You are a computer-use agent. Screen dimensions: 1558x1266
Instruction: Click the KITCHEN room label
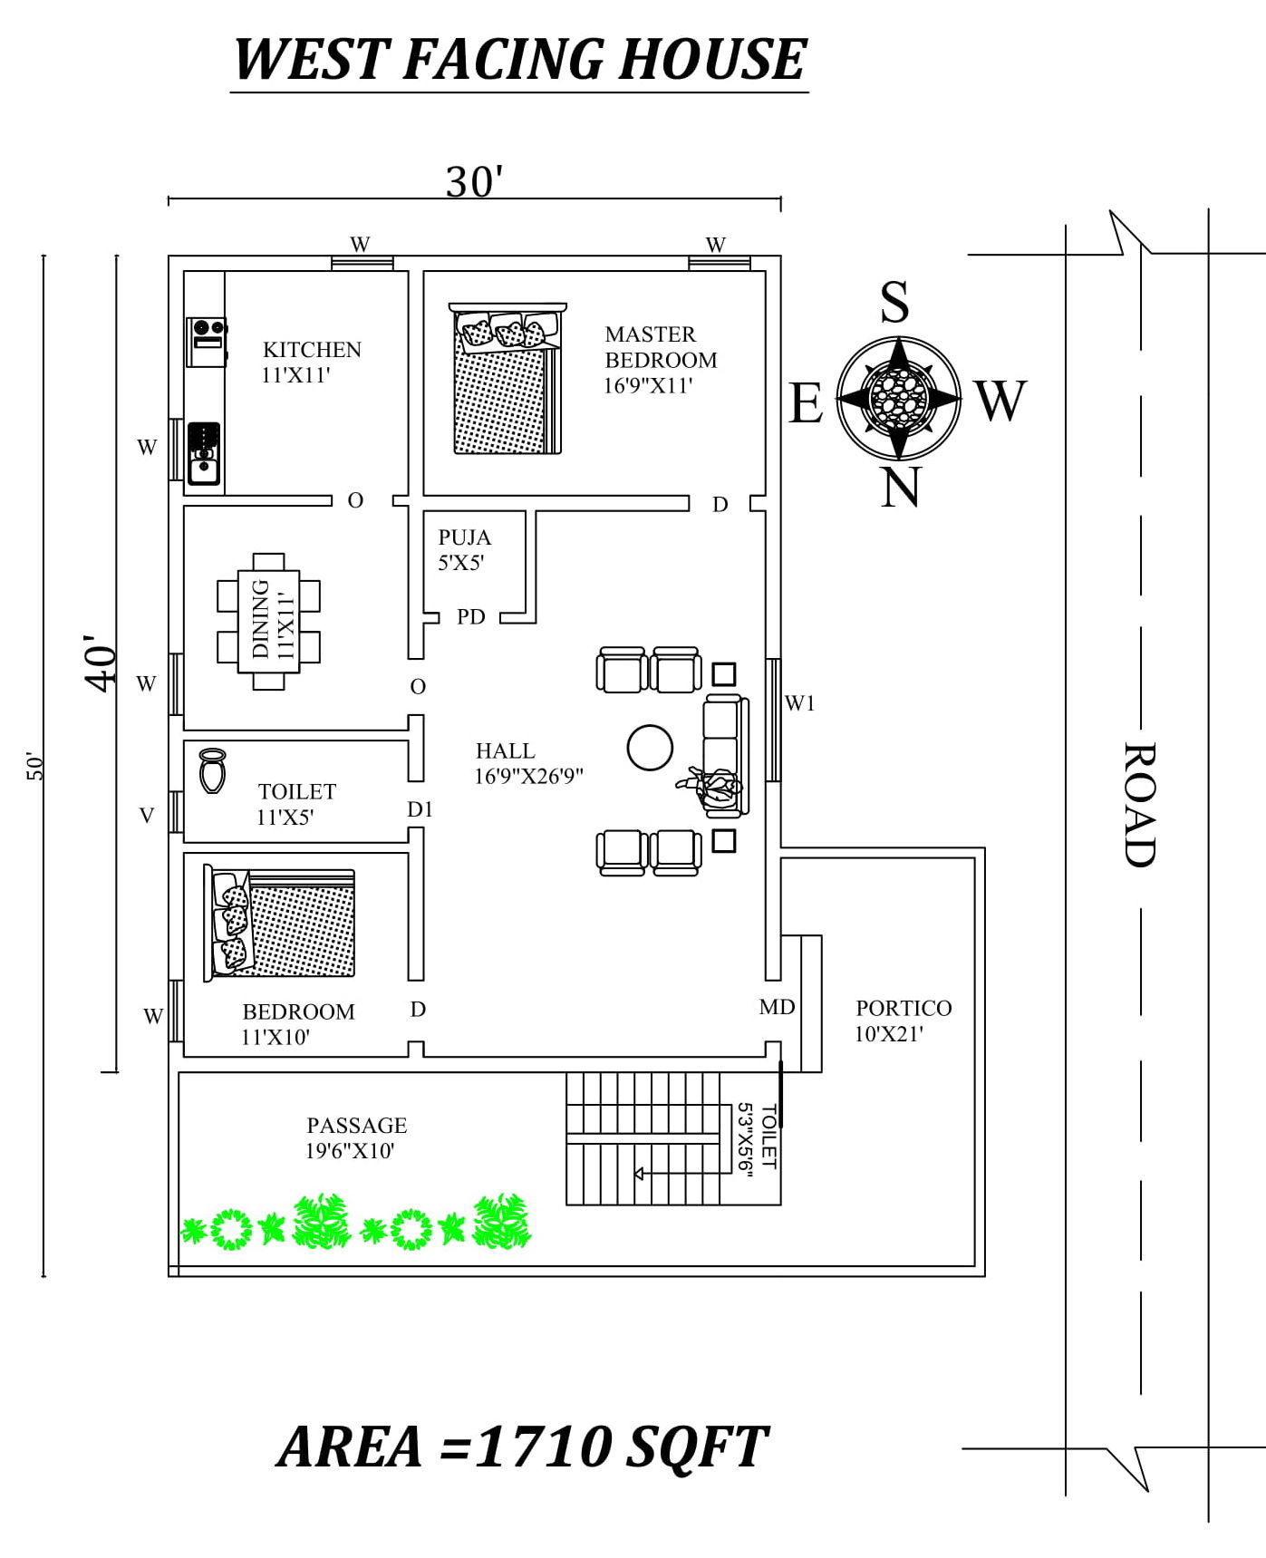pos(312,350)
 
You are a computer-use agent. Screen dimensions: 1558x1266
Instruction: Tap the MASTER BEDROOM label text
pos(660,348)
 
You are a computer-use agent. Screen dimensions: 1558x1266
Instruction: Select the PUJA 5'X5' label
pos(464,550)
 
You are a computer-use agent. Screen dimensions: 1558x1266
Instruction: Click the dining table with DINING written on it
pos(269,621)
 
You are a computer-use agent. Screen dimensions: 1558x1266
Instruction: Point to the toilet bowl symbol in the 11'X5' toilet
pos(212,771)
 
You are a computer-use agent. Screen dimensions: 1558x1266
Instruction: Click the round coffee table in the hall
pos(650,747)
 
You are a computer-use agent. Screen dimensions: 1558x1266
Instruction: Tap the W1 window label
pos(800,703)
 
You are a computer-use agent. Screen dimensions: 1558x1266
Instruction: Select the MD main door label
pos(777,1007)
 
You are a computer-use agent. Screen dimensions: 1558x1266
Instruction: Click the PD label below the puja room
pos(471,617)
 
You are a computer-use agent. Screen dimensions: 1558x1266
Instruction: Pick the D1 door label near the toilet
pos(420,809)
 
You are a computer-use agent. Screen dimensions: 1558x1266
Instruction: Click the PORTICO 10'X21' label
pos(903,1021)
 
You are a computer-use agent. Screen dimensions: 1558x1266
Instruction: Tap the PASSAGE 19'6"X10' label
pos(356,1137)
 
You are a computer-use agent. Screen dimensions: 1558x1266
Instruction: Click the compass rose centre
pos(898,398)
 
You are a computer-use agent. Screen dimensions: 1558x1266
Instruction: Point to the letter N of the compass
pos(900,488)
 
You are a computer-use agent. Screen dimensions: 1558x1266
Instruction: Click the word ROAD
pos(1140,805)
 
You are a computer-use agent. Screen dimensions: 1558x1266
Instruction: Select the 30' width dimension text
pos(474,182)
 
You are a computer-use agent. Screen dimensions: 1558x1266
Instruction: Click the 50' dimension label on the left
pos(34,766)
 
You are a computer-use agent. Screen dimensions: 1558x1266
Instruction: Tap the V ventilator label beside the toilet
pos(147,816)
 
